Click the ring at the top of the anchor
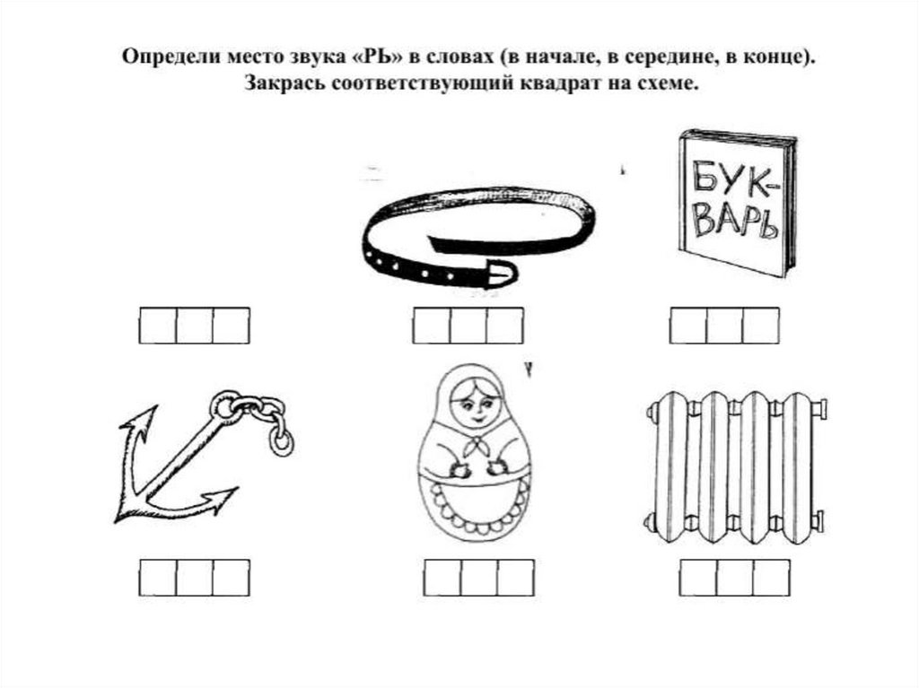click(223, 405)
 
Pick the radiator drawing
click(737, 467)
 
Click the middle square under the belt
click(468, 326)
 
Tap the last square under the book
click(761, 326)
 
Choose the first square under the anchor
click(158, 578)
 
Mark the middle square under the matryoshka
click(479, 578)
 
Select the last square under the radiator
click(771, 578)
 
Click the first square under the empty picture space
click(158, 326)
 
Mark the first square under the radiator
click(698, 578)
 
